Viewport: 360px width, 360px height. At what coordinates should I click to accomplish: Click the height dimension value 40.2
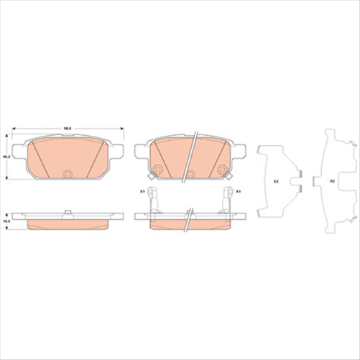pyautogui.click(x=6, y=156)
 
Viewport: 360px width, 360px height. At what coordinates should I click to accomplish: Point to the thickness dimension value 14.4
pyautogui.click(x=6, y=221)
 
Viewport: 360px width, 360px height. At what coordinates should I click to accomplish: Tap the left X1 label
pyautogui.click(x=142, y=191)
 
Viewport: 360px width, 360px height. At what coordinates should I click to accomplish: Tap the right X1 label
pyautogui.click(x=237, y=191)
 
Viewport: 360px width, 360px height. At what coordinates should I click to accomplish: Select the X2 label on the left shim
pyautogui.click(x=276, y=181)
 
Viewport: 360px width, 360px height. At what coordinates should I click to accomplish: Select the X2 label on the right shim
pyautogui.click(x=331, y=181)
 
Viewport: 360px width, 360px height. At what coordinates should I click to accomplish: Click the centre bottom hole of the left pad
pyautogui.click(x=67, y=173)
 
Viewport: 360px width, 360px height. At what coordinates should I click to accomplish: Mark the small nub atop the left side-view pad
pyautogui.click(x=67, y=211)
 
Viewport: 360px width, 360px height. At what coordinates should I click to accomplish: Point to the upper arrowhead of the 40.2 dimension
pyautogui.click(x=9, y=136)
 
